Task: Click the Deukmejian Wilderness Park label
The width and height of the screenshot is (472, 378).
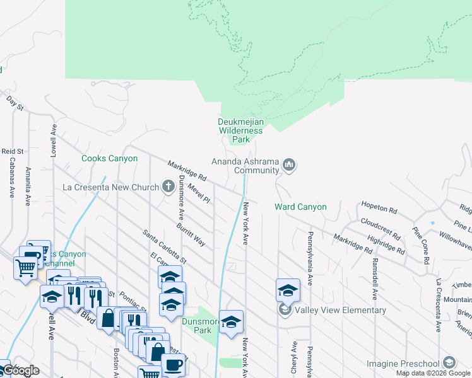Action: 240,130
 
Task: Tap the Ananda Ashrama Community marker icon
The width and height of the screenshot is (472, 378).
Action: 289,165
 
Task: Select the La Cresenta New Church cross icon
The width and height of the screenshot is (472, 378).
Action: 168,186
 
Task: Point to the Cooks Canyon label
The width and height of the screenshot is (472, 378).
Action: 109,159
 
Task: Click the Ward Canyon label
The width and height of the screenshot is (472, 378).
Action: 300,207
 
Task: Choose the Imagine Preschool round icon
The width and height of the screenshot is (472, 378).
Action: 449,363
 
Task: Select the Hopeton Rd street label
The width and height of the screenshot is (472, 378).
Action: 379,207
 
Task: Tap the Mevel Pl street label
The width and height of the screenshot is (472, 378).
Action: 199,192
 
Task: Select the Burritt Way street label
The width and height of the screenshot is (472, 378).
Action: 191,234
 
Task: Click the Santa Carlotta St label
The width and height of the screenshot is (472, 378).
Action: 165,246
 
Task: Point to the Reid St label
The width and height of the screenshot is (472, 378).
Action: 12,152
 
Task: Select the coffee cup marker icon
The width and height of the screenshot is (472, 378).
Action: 173,364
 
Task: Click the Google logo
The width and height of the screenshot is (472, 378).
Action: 21,370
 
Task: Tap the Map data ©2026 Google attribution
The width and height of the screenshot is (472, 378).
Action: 432,373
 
